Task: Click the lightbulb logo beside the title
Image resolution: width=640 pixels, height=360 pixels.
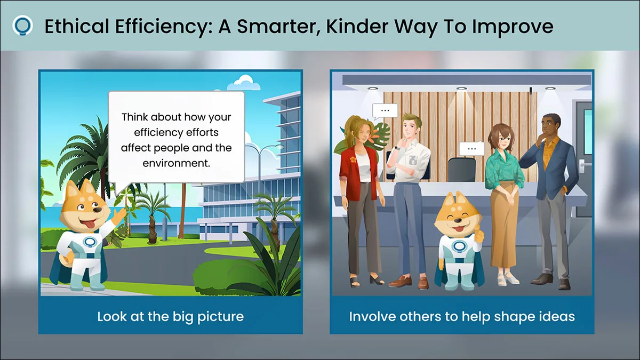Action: [22, 26]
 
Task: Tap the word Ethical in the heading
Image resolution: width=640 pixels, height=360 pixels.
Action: [77, 26]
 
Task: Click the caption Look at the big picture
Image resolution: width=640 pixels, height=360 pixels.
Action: [171, 317]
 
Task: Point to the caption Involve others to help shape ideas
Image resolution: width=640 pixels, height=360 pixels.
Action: [462, 317]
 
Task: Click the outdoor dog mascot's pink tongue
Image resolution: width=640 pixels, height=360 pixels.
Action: [90, 225]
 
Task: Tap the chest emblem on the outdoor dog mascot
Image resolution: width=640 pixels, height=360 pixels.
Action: [90, 243]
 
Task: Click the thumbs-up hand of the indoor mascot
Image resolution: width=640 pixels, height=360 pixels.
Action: [479, 235]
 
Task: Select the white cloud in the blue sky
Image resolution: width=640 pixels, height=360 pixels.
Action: [244, 82]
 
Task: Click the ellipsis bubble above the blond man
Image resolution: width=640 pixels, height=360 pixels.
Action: [385, 111]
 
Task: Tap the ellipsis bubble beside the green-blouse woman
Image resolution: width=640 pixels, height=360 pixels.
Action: [471, 149]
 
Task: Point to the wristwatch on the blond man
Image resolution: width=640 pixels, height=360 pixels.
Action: [397, 148]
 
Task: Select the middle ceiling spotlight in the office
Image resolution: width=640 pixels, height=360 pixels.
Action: [461, 89]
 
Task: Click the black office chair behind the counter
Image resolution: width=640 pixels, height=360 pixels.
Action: [462, 170]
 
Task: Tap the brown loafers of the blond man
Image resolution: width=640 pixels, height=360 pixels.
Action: [409, 282]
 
